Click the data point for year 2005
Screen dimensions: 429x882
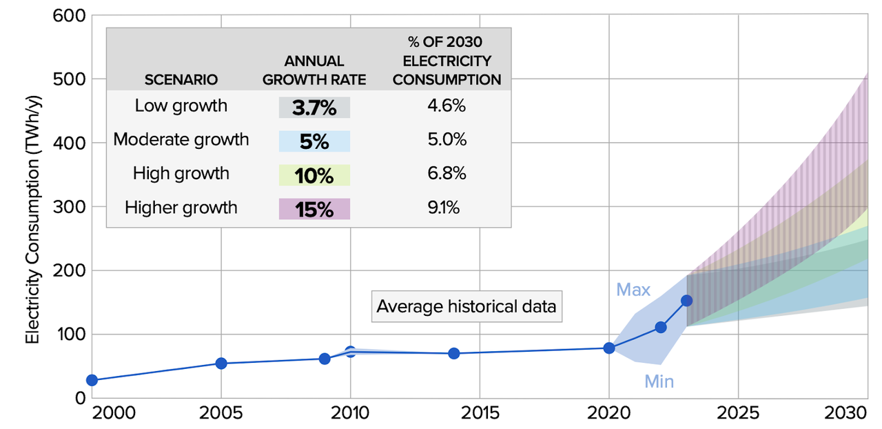(221, 363)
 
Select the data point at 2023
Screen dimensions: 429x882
(686, 300)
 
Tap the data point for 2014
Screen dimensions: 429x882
(454, 353)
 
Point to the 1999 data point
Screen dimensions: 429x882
(92, 380)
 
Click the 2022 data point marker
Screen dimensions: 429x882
(661, 327)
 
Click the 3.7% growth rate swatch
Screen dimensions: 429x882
(315, 108)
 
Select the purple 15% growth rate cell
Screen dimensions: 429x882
(315, 209)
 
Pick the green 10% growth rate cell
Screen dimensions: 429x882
(315, 175)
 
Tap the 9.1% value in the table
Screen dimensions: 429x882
(447, 207)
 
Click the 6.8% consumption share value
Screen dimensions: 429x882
(447, 173)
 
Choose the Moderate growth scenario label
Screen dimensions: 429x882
(181, 139)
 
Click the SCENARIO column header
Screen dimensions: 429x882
(181, 79)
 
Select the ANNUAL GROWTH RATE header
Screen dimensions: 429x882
(314, 70)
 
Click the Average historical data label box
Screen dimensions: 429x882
(466, 306)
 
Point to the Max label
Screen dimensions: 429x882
(633, 290)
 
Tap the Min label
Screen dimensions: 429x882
(659, 381)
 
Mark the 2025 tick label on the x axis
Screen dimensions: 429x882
(738, 413)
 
